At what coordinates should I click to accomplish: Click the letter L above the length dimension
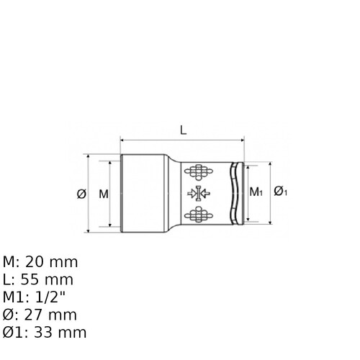tap(184, 130)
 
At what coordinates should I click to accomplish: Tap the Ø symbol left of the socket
tap(81, 194)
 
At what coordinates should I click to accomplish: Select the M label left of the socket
tap(104, 194)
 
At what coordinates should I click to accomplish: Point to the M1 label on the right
tap(256, 192)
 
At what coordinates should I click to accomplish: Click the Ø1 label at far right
tap(281, 192)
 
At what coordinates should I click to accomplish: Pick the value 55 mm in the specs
tap(47, 279)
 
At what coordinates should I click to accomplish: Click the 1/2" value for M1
tap(50, 297)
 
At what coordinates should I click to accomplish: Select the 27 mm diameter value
tap(50, 315)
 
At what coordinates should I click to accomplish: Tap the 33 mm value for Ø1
tap(60, 333)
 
